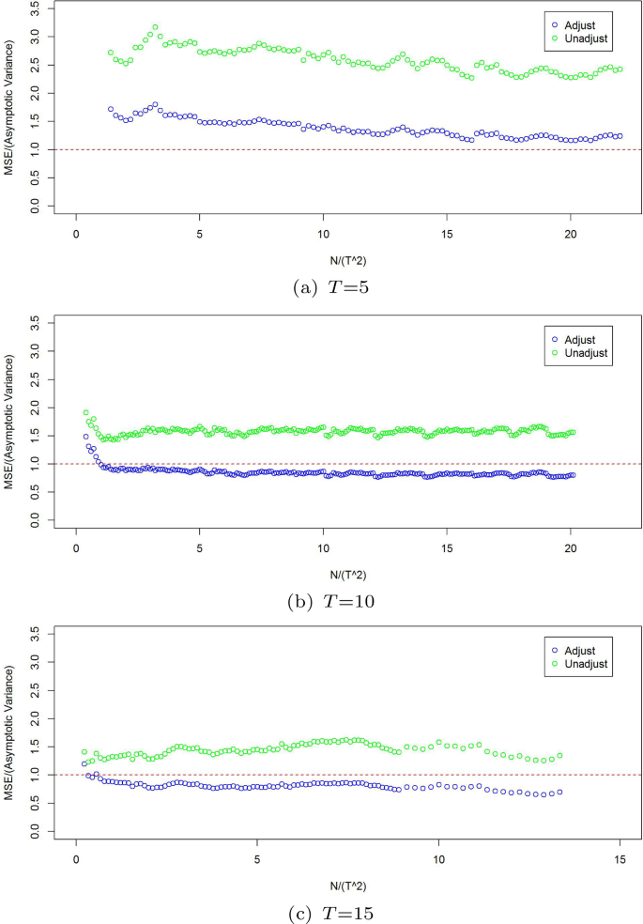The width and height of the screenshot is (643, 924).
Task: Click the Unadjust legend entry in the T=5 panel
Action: point(584,38)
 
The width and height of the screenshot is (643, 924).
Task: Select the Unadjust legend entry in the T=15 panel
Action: point(584,664)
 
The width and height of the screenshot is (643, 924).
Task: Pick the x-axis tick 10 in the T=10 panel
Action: point(323,547)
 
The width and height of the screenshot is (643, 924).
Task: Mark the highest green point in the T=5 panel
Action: point(155,27)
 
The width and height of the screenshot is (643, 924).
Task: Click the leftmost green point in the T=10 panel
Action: point(85,412)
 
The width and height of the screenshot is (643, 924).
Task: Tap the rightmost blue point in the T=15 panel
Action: point(559,792)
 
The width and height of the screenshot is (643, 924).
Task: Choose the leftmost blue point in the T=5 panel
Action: point(111,109)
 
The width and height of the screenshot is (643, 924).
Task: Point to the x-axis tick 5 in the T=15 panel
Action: point(257,858)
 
